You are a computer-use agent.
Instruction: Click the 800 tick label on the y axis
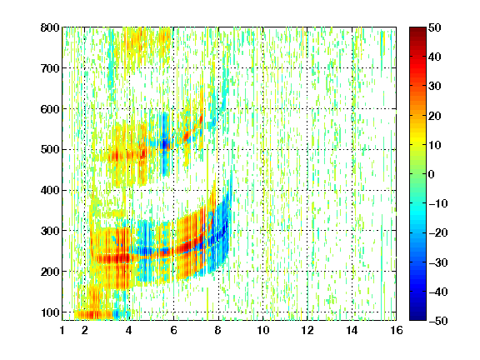point(50,27)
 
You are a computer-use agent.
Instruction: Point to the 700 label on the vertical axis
point(50,68)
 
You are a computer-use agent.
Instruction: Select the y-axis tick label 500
point(50,150)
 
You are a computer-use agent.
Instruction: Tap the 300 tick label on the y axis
point(50,231)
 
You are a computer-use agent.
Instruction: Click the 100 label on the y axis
point(50,312)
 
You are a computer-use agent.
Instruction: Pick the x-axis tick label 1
point(62,330)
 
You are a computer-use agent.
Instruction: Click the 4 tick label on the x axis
point(129,330)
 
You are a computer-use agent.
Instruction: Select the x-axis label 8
point(218,330)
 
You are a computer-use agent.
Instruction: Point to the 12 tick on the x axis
point(307,330)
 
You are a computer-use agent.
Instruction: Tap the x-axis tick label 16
point(397,330)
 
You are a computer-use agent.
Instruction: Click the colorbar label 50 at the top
point(434,27)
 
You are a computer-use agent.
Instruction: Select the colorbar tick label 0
point(432,174)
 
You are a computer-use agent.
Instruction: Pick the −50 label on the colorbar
point(438,321)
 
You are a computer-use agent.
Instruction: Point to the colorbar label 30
point(434,87)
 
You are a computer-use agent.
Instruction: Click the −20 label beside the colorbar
point(438,232)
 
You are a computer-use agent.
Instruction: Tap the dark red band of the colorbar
point(417,36)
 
